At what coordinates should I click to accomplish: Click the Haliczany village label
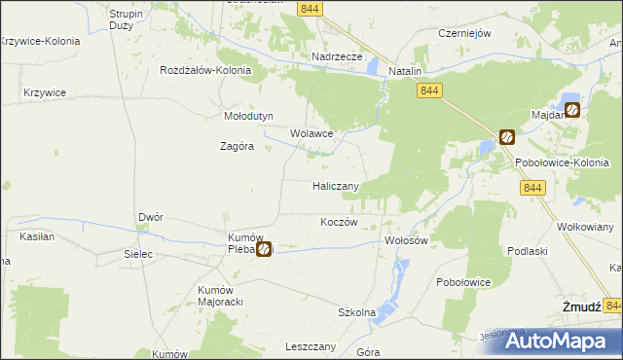point(337,185)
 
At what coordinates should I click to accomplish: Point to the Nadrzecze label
point(337,56)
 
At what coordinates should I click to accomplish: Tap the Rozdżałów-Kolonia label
point(206,71)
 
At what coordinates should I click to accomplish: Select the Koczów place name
point(340,222)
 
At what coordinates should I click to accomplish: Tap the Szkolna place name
point(356,312)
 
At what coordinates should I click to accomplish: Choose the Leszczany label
point(311,346)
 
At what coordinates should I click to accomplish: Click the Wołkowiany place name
point(584,227)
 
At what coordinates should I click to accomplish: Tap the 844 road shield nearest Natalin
point(431,90)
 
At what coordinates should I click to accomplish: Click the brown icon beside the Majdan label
point(572,110)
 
